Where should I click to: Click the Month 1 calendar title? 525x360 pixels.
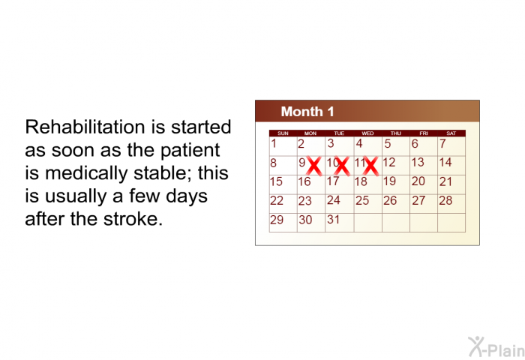click(x=307, y=112)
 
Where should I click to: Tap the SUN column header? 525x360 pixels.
click(x=283, y=133)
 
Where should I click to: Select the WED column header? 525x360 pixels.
click(x=367, y=133)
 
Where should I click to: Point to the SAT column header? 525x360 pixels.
click(x=451, y=133)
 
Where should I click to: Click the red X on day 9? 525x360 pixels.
click(x=314, y=166)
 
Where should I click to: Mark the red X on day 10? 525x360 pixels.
click(x=342, y=166)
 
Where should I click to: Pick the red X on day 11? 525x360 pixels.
click(x=371, y=166)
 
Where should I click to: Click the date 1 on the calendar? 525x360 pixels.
click(x=274, y=144)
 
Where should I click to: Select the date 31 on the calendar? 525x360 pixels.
click(x=333, y=219)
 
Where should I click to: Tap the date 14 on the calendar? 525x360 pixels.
click(x=445, y=163)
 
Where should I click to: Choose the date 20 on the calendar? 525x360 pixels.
click(x=418, y=181)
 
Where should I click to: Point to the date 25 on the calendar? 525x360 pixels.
click(x=362, y=200)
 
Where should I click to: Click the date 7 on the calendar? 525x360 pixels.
click(x=442, y=144)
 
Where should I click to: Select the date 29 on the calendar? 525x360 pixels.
click(x=277, y=220)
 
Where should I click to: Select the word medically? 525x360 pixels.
click(x=86, y=174)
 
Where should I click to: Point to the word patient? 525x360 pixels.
click(x=190, y=151)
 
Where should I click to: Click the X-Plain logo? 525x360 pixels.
click(x=496, y=347)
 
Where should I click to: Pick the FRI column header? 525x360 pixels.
click(x=424, y=133)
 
